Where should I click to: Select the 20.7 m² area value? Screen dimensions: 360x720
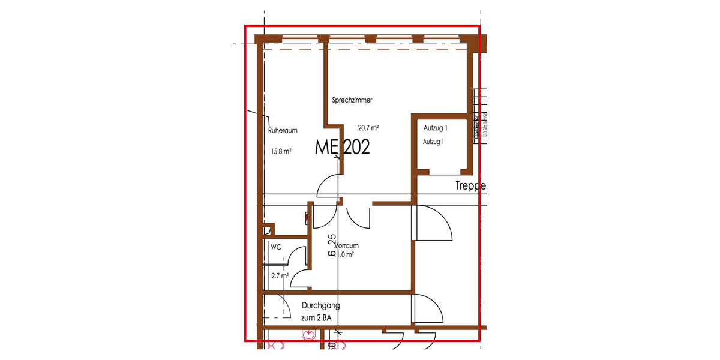[368, 128]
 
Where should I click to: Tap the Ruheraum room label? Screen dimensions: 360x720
[283, 130]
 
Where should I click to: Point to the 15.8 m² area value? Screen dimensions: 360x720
[280, 152]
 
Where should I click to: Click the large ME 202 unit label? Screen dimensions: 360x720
[343, 148]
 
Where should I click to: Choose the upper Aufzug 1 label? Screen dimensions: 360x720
[436, 128]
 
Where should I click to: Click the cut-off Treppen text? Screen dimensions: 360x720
[472, 187]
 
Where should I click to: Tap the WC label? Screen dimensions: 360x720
[276, 247]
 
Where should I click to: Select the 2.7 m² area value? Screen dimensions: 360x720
[280, 276]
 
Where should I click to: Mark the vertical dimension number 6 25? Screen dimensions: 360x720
[331, 246]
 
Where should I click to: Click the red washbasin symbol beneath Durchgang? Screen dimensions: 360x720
[310, 334]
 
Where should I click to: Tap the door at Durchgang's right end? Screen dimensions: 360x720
[428, 309]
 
